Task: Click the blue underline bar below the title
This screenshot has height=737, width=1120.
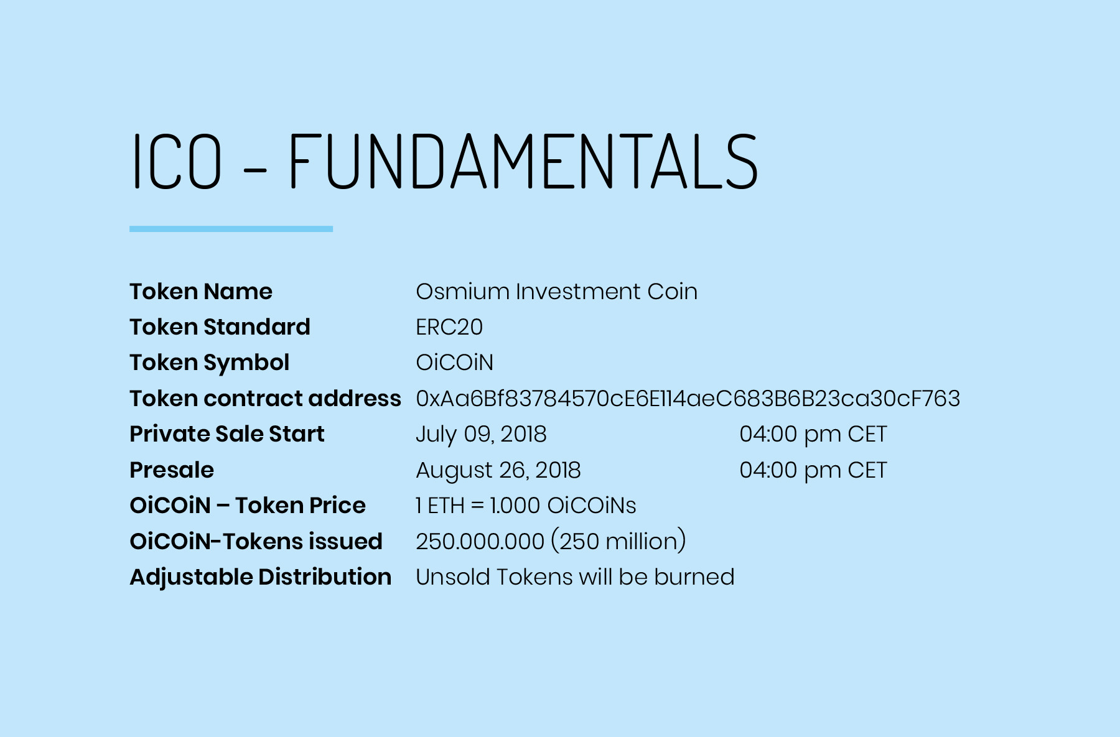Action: pyautogui.click(x=231, y=229)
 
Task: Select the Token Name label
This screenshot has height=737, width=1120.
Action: pyautogui.click(x=201, y=292)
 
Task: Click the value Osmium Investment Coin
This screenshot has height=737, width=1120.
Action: pyautogui.click(x=556, y=292)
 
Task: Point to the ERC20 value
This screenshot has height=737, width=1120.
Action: pyautogui.click(x=449, y=327)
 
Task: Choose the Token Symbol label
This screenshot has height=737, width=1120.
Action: pyautogui.click(x=209, y=363)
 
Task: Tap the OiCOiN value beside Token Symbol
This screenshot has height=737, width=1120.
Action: pyautogui.click(x=454, y=363)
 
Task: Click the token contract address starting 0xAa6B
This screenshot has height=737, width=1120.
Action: pyautogui.click(x=688, y=399)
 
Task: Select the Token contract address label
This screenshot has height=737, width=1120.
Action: pyautogui.click(x=265, y=399)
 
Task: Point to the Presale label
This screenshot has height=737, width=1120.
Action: pyautogui.click(x=172, y=470)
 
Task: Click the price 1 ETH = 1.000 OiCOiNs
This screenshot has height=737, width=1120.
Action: pyautogui.click(x=526, y=506)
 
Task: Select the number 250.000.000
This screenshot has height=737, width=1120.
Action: pyautogui.click(x=480, y=542)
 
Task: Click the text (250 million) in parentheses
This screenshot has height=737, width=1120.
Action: pyautogui.click(x=618, y=541)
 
